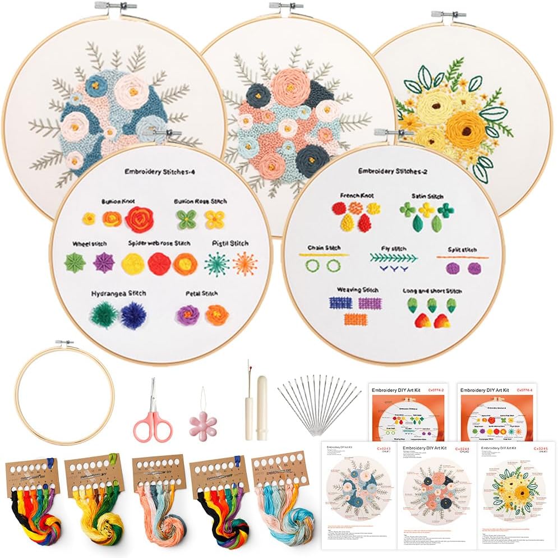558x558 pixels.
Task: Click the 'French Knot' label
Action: (x=357, y=196)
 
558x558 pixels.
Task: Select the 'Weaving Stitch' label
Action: (x=357, y=290)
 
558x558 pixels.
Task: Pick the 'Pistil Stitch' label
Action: (x=230, y=243)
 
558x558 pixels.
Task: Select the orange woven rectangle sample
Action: (x=355, y=320)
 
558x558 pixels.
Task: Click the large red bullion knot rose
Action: (x=140, y=219)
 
